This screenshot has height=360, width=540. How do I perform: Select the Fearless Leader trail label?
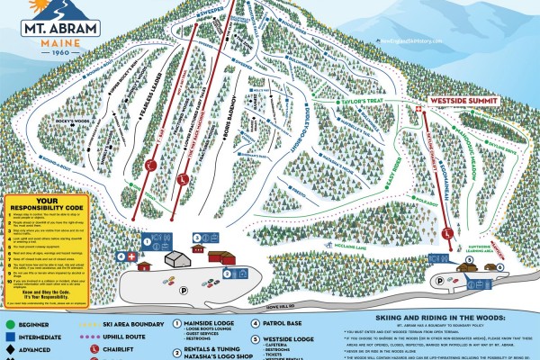(x=143, y=94)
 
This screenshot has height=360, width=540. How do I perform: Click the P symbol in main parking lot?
(x=184, y=267)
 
